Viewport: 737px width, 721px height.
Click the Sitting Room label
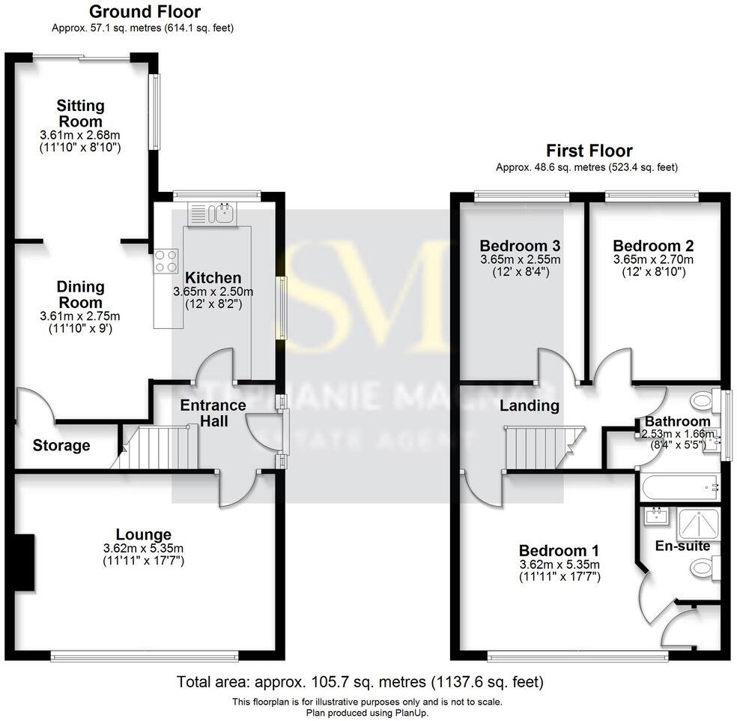pos(81,113)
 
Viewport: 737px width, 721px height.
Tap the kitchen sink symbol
pos(222,214)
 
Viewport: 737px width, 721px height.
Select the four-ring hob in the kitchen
pos(166,260)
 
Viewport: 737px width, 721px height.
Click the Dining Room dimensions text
pos(81,322)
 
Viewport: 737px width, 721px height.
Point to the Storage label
pos(61,445)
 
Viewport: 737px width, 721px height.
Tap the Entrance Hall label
pos(213,413)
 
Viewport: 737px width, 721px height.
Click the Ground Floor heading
pos(145,12)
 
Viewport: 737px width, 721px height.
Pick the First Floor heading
pos(589,151)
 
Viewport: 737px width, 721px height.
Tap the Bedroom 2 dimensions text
pos(653,266)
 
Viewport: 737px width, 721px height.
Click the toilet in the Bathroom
pos(705,399)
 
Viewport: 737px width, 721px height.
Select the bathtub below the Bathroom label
pos(679,488)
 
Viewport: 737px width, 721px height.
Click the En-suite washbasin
pos(657,515)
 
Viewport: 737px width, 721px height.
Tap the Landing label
pos(530,405)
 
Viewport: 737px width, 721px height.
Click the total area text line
pos(360,683)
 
